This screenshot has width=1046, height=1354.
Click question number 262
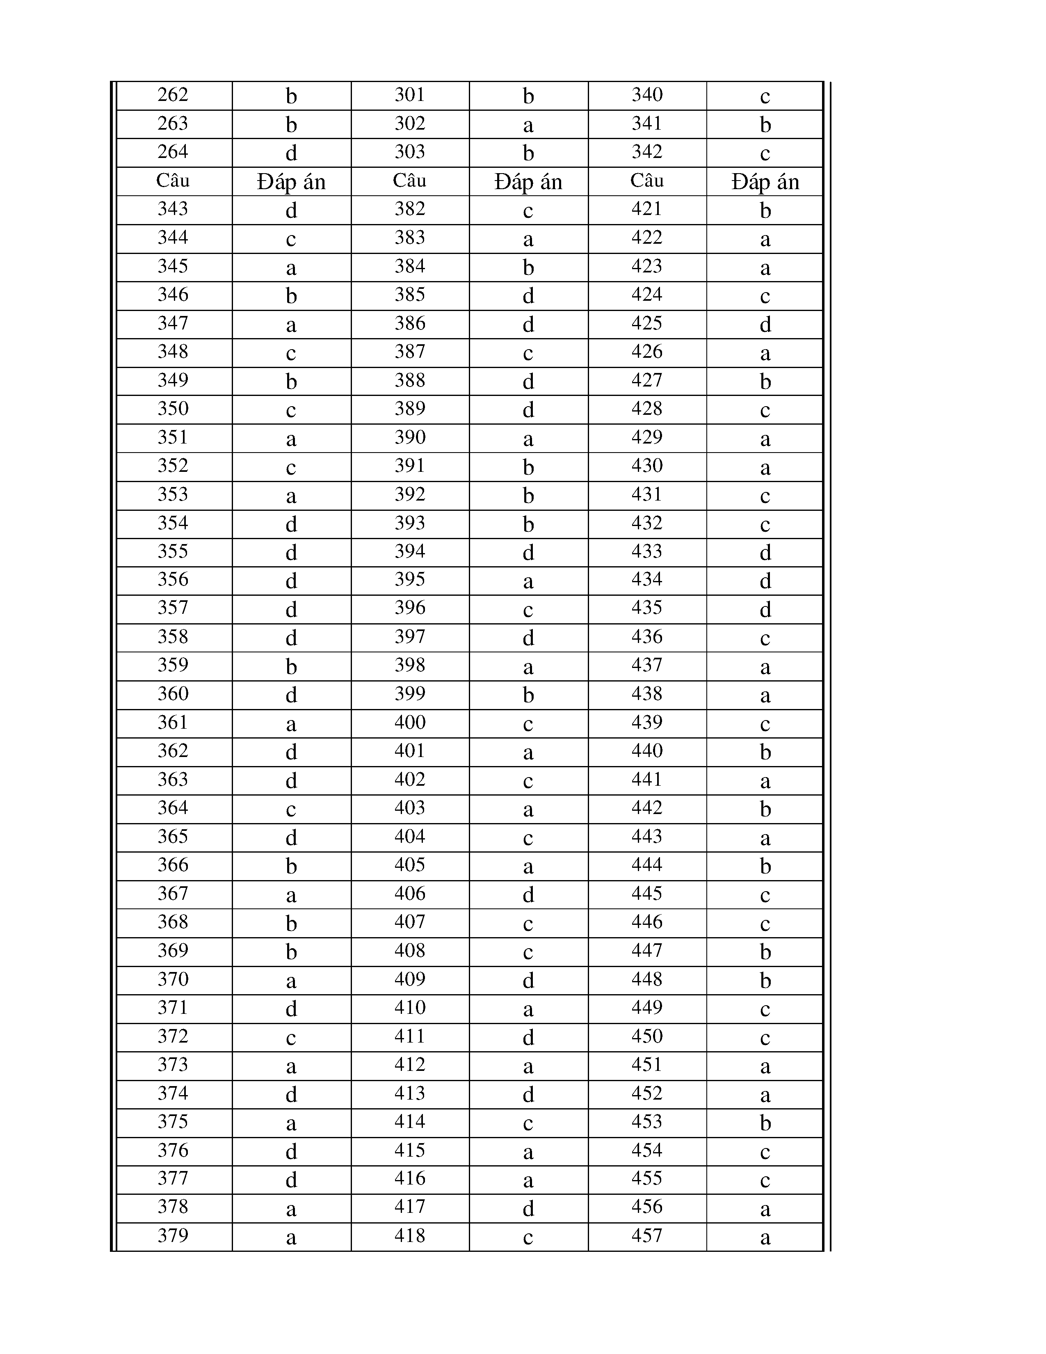[x=172, y=95]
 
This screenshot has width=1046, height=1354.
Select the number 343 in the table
[x=172, y=209]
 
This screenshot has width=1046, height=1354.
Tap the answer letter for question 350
[x=291, y=410]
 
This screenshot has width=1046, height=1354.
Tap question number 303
[x=410, y=152]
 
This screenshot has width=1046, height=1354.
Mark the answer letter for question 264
[x=291, y=153]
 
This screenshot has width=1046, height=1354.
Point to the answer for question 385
[x=528, y=296]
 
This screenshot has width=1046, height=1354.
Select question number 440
[x=647, y=751]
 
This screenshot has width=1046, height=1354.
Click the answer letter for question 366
[x=291, y=866]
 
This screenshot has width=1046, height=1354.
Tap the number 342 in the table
[x=647, y=152]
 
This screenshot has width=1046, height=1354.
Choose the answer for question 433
[x=765, y=552]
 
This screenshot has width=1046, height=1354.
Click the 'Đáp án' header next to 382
[x=528, y=182]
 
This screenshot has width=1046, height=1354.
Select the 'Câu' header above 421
[x=647, y=181]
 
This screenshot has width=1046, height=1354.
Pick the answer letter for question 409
[x=528, y=980]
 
